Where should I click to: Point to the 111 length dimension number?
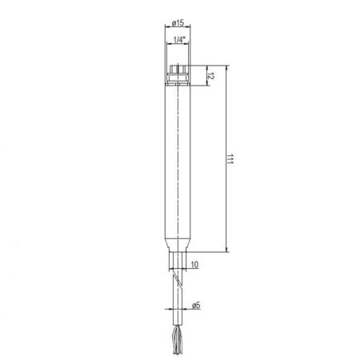pos(231,160)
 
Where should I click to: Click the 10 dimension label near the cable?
pos(195,263)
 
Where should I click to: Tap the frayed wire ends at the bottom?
pos(177,342)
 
